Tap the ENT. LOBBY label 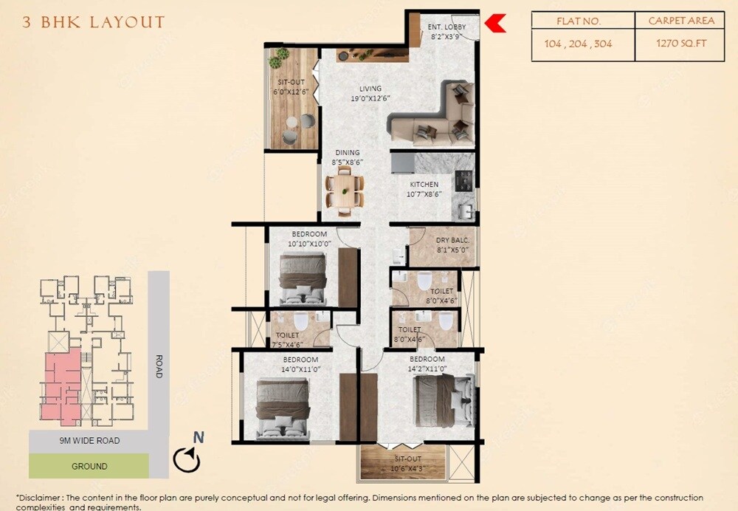[445, 27]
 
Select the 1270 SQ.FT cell [680, 43]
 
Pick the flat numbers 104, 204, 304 [578, 44]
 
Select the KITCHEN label [424, 185]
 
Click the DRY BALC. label [452, 240]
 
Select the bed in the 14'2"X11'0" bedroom [443, 399]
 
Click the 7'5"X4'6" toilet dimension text [285, 344]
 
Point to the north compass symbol [187, 459]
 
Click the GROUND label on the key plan [89, 466]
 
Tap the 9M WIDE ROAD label [89, 441]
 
